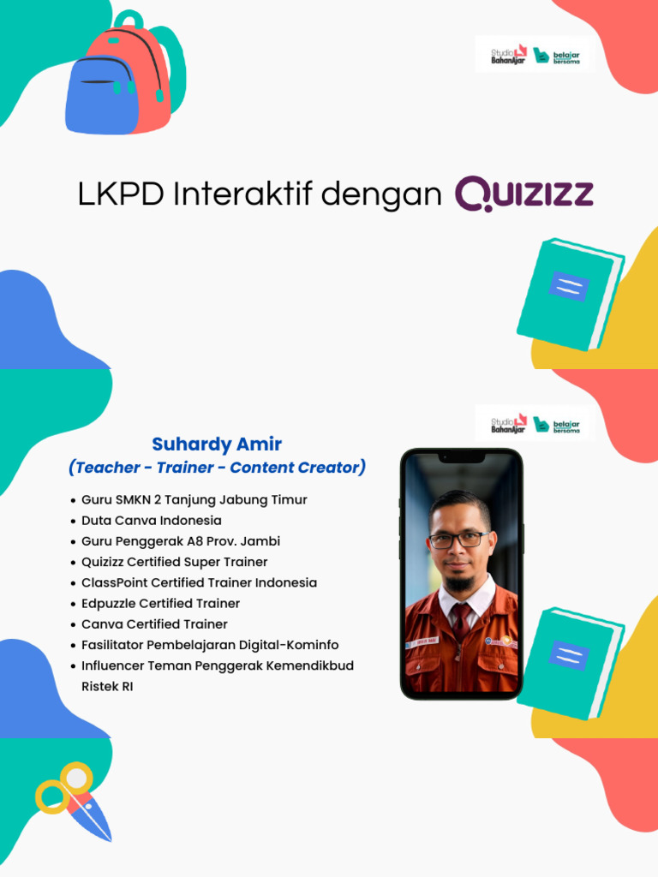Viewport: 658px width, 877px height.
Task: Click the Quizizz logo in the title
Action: coord(523,194)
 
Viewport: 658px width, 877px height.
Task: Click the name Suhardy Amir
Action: coord(217,444)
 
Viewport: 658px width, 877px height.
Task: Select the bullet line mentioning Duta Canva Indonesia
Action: coord(152,521)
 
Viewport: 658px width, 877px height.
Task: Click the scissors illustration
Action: coord(75,800)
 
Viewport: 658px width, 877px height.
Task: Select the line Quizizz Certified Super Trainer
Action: coord(175,562)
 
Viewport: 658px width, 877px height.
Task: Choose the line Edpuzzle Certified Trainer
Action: coord(161,604)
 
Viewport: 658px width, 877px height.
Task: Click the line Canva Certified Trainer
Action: coord(155,624)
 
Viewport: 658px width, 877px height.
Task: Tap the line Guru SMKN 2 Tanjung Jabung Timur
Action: coord(194,500)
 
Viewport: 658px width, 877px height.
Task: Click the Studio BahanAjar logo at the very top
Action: coord(509,56)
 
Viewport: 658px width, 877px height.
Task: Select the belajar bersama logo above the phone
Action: coord(557,425)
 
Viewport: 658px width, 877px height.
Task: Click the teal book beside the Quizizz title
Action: coord(569,293)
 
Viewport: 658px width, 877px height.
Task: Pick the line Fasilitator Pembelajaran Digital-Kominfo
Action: coord(211,645)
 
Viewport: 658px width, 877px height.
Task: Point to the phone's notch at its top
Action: coord(461,458)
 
